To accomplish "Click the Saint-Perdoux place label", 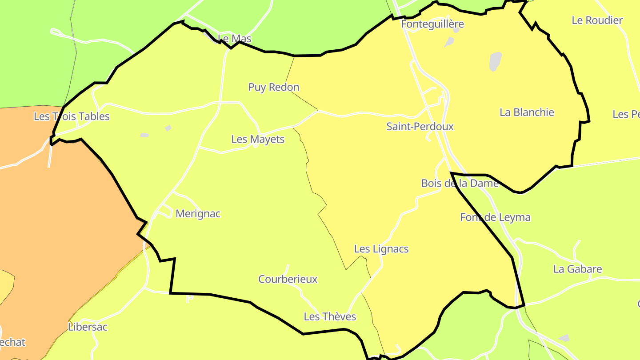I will (420, 127).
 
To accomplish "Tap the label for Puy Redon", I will (274, 87).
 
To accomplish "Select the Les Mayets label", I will (258, 140).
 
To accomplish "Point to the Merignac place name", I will (198, 214).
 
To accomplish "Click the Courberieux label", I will (288, 280).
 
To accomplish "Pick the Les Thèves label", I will (330, 317).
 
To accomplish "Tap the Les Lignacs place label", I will (381, 249).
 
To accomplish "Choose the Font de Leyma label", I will (496, 218).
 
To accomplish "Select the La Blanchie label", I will (527, 112).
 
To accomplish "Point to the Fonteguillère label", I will (432, 24).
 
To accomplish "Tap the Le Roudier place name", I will (597, 20).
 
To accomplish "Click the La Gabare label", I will (578, 269).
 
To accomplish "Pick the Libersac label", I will (88, 327).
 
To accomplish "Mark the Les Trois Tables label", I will (72, 117).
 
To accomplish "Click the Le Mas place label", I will (235, 39).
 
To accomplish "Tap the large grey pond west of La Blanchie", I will (495, 61).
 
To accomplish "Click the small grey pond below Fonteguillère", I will (449, 42).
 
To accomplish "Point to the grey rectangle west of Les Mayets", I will (144, 135).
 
